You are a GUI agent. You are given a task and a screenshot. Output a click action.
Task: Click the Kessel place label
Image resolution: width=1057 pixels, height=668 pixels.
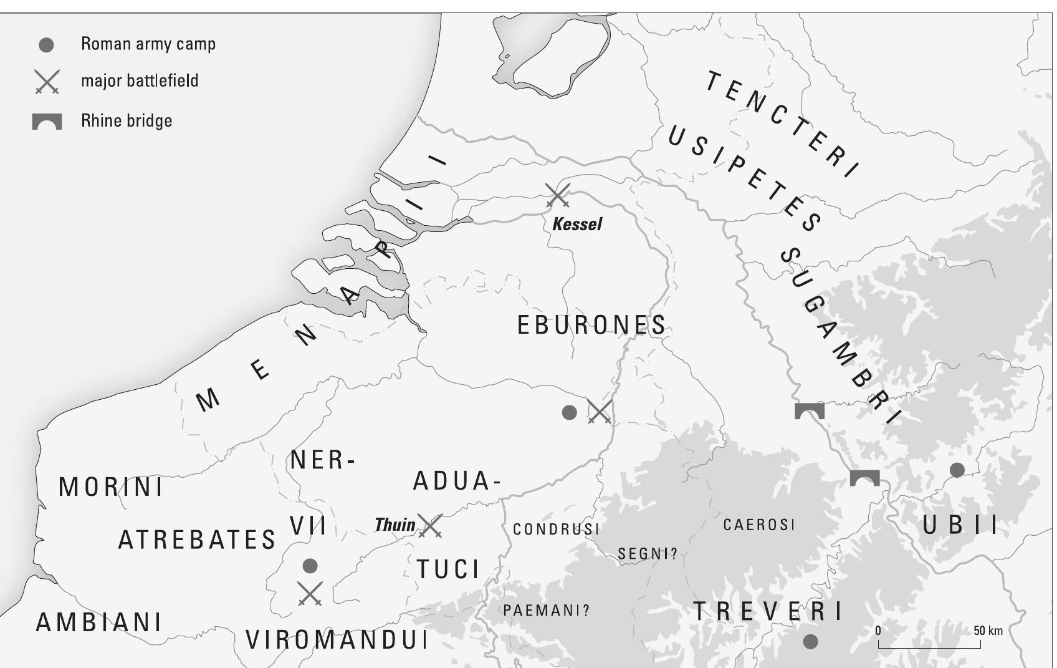pyautogui.click(x=577, y=224)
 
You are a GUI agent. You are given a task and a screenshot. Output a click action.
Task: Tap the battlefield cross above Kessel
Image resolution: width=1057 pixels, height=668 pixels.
pyautogui.click(x=557, y=195)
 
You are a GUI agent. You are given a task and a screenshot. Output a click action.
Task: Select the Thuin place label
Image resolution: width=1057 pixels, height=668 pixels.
pyautogui.click(x=395, y=525)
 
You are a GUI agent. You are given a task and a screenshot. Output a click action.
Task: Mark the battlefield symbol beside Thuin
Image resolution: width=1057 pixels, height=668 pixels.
pyautogui.click(x=430, y=526)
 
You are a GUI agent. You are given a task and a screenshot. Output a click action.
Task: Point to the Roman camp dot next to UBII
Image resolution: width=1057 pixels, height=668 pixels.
pyautogui.click(x=957, y=470)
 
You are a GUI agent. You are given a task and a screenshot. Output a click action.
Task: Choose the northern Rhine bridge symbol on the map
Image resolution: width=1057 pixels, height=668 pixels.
pyautogui.click(x=810, y=411)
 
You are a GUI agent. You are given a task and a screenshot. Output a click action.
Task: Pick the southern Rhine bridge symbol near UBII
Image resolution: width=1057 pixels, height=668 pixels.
pyautogui.click(x=864, y=478)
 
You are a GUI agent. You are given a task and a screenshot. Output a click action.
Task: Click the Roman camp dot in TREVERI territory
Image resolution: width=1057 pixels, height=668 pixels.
pyautogui.click(x=810, y=641)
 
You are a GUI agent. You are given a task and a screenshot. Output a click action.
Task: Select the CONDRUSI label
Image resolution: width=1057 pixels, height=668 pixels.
pyautogui.click(x=556, y=530)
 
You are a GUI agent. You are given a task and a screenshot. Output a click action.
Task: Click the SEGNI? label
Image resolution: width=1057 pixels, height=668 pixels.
pyautogui.click(x=647, y=554)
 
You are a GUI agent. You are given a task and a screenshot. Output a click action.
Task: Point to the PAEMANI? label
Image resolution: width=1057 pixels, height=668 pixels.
pyautogui.click(x=546, y=611)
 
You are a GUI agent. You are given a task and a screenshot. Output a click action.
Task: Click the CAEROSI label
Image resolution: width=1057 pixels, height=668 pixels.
pyautogui.click(x=759, y=525)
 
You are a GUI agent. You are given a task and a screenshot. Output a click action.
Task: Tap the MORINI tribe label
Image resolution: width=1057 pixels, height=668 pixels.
pyautogui.click(x=111, y=487)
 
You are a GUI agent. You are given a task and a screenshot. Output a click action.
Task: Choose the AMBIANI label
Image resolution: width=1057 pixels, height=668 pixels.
pyautogui.click(x=99, y=622)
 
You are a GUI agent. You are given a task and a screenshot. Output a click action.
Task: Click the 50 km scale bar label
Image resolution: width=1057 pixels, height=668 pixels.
pyautogui.click(x=988, y=631)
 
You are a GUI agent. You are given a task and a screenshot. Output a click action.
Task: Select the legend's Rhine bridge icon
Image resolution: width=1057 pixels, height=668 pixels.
pyautogui.click(x=47, y=122)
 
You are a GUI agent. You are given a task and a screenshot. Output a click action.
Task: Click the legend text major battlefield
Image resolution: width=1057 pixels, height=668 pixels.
pyautogui.click(x=140, y=81)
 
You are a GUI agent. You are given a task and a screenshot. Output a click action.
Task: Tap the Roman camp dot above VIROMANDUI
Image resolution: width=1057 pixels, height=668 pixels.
pyautogui.click(x=310, y=566)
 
